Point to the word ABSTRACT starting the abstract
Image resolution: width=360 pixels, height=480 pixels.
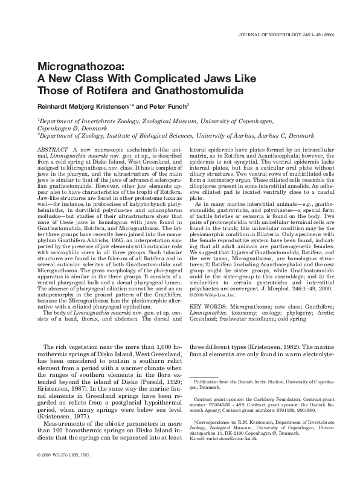(x=52, y=148)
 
